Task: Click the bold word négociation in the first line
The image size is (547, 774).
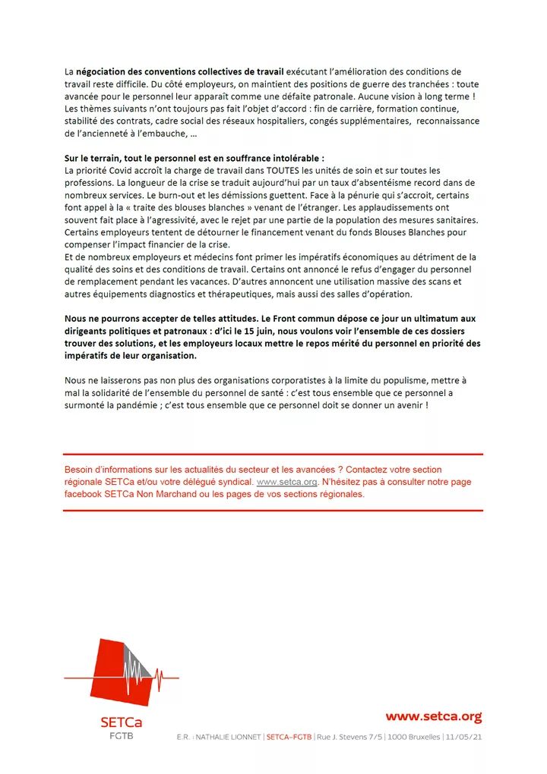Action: point(103,71)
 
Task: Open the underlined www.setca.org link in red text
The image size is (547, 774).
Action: point(286,482)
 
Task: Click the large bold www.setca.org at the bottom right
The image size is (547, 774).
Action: point(433,716)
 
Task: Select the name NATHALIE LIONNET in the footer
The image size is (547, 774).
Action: point(229,738)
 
